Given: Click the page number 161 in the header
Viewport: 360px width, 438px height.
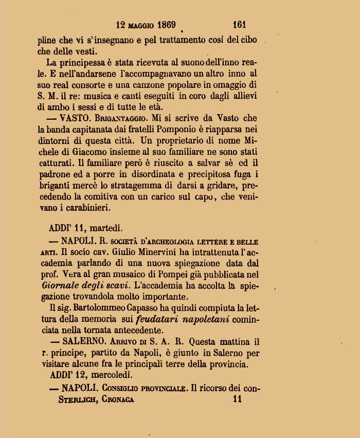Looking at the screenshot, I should [x=240, y=24].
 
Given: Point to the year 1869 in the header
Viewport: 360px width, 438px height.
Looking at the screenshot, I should [x=164, y=24].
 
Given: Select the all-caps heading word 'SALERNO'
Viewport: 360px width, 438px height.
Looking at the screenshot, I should [x=83, y=341].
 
